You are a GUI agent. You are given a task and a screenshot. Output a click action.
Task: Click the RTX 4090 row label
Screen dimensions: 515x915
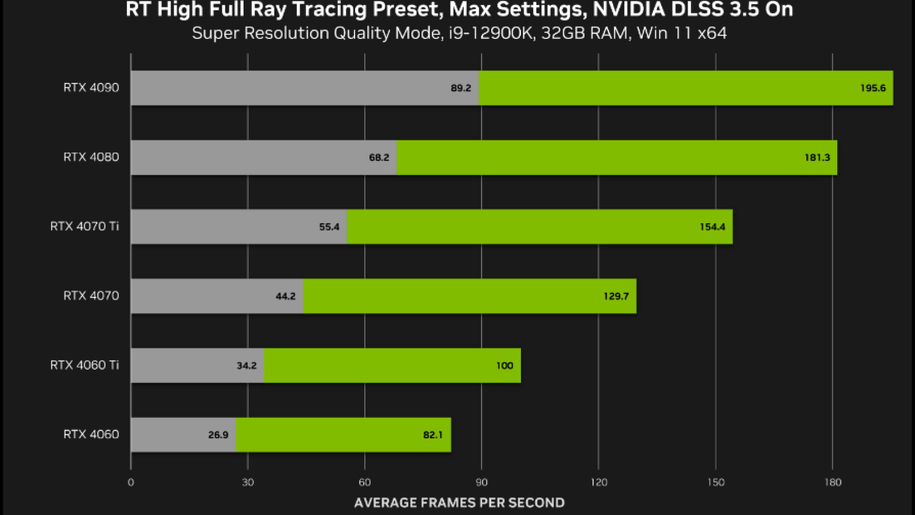91,88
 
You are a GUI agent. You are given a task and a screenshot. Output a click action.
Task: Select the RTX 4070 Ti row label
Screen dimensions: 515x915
84,226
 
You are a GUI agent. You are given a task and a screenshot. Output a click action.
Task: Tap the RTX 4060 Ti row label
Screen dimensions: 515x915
84,365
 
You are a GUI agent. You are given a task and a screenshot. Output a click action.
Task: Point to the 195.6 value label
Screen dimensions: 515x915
873,88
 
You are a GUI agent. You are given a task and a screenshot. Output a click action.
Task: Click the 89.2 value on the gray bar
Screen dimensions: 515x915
461,88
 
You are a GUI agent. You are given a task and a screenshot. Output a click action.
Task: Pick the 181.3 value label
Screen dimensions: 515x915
817,157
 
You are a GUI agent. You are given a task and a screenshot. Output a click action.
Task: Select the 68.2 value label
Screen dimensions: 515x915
379,157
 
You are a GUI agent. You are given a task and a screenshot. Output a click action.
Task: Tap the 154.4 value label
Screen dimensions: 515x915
713,227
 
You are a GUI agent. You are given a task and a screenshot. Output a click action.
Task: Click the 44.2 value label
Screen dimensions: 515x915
285,296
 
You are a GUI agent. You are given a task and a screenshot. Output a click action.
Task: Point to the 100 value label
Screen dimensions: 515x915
504,366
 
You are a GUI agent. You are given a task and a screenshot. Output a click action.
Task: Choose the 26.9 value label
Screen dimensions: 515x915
218,435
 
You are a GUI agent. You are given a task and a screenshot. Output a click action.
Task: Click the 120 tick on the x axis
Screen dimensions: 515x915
599,482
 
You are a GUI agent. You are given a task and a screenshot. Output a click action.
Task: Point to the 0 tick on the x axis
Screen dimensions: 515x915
131,482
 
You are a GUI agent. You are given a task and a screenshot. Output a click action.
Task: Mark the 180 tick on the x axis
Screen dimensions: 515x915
833,482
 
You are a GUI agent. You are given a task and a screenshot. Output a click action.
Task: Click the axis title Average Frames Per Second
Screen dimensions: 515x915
459,503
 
